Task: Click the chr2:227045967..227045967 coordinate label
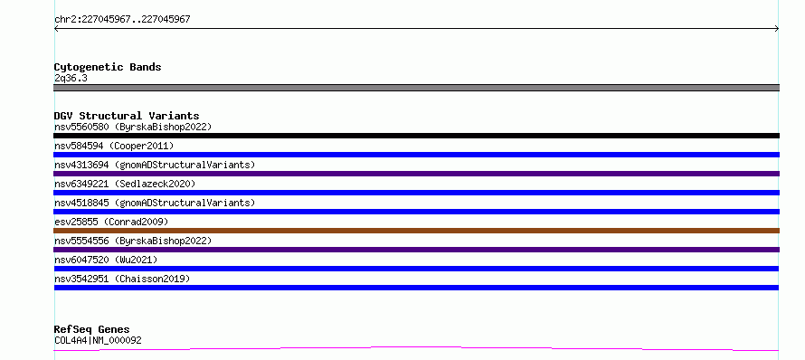click(122, 20)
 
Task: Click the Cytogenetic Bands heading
click(108, 67)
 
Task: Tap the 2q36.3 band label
click(71, 79)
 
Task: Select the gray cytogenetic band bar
click(416, 88)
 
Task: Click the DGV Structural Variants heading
click(127, 116)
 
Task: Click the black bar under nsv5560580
click(416, 136)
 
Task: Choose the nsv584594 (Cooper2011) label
click(114, 146)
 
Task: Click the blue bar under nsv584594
click(416, 155)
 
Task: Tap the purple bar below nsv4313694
click(416, 174)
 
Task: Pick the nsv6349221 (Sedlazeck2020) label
click(125, 184)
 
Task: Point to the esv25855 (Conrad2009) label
click(111, 222)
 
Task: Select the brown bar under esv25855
click(416, 231)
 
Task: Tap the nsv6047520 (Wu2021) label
click(106, 260)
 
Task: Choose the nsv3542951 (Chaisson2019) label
click(122, 279)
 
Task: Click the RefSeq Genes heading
click(92, 329)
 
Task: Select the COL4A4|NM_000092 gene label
click(98, 340)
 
